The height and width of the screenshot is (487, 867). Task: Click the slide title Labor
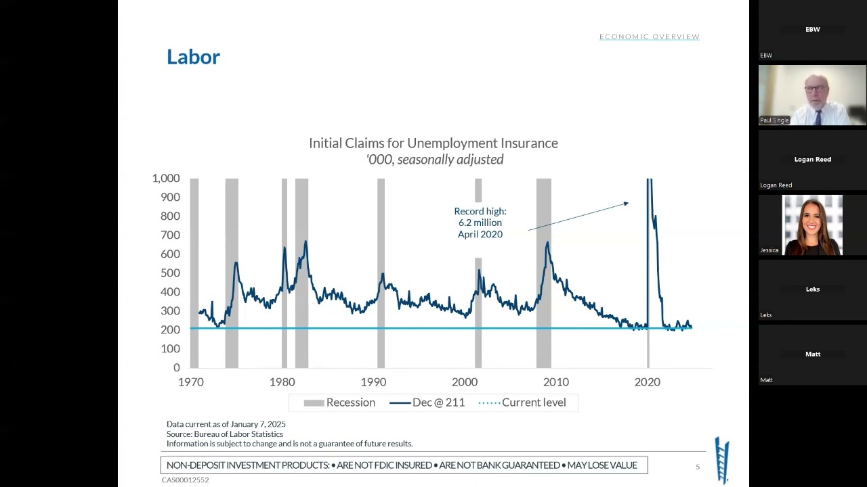point(193,57)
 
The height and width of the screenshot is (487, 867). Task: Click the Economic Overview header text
point(649,37)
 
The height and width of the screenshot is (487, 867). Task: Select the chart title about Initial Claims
point(433,143)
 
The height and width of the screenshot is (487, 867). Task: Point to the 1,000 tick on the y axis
point(165,179)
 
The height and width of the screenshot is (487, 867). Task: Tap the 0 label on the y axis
point(176,368)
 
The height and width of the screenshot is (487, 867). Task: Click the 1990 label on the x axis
point(373,382)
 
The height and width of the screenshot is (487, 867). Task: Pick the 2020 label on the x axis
point(647,382)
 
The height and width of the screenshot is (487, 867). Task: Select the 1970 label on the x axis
point(190,382)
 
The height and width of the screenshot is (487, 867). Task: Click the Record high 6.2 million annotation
point(480,223)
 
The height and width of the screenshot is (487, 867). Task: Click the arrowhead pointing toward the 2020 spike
point(626,203)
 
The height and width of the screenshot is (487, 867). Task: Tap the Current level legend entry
point(522,402)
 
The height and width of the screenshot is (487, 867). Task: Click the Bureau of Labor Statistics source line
point(225,434)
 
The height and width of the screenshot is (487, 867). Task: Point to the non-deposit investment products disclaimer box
point(404,465)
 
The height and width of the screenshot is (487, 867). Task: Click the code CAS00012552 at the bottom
point(185,480)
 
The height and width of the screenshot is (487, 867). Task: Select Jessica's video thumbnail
point(812,225)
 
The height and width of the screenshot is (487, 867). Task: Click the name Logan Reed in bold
point(812,160)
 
